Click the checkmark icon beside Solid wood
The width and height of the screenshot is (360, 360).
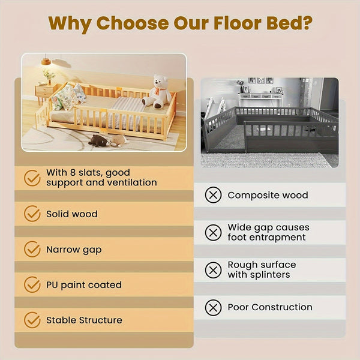[x=32, y=214]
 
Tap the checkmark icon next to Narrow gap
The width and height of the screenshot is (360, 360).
[x=32, y=249]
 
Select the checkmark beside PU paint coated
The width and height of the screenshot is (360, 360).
[x=32, y=284]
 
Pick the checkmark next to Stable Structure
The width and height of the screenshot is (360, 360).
[x=32, y=320]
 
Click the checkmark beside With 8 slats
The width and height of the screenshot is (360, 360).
[x=32, y=178]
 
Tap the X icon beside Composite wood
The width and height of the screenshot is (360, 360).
[x=213, y=195]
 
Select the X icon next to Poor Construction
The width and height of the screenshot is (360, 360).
[x=213, y=307]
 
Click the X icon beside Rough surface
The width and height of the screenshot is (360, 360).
[x=213, y=270]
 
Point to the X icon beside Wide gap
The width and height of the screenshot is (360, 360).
[x=213, y=232]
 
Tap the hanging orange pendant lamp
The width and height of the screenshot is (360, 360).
[x=46, y=61]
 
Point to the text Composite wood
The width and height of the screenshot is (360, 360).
[x=268, y=195]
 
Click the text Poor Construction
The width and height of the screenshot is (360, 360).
[x=270, y=307]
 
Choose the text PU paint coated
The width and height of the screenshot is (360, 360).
[x=84, y=284]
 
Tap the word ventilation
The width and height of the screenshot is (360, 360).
[x=129, y=182]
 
